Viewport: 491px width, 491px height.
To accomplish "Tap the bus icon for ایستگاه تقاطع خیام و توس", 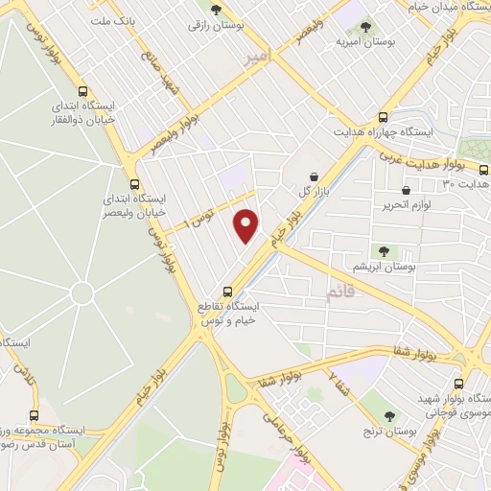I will pyautogui.click(x=227, y=291).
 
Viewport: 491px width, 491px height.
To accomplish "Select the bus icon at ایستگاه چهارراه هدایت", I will pyautogui.click(x=384, y=115).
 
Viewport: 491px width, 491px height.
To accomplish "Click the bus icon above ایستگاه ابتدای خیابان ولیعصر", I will pyautogui.click(x=133, y=184).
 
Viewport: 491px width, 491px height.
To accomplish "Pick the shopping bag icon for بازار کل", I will pyautogui.click(x=315, y=176).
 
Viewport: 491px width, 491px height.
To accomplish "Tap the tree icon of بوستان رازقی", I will pyautogui.click(x=216, y=10).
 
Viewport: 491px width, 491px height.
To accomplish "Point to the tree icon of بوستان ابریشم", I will pyautogui.click(x=384, y=251).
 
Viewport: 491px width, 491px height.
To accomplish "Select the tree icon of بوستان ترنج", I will pyautogui.click(x=390, y=416).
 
